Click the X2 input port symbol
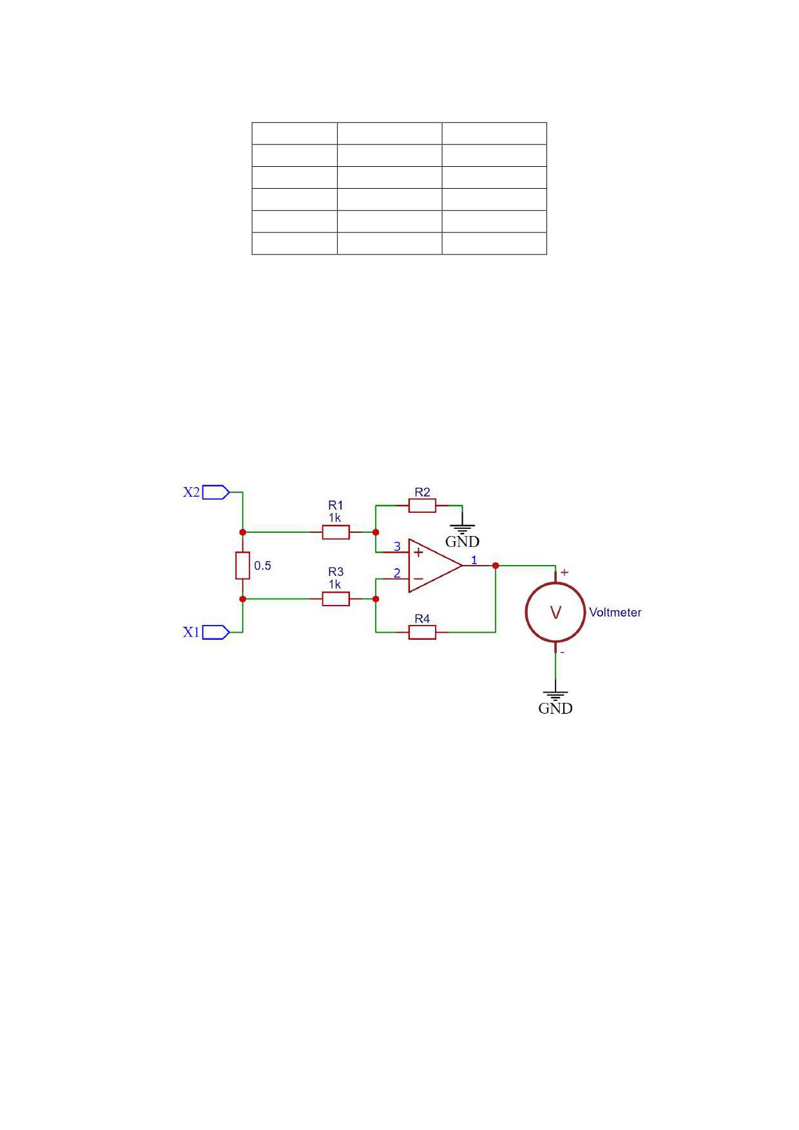[x=216, y=492]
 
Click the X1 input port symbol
[x=216, y=633]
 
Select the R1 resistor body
[x=336, y=532]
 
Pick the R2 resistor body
[x=422, y=506]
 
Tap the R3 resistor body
[x=336, y=599]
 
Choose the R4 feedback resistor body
[x=422, y=633]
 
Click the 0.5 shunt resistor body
[x=242, y=566]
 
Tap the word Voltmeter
[x=615, y=613]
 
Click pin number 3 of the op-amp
[x=397, y=546]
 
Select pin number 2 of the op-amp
[x=397, y=573]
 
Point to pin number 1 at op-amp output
[x=474, y=560]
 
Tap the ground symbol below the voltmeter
[x=555, y=695]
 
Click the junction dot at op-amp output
[x=496, y=566]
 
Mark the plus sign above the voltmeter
[x=565, y=572]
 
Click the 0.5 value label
[x=263, y=566]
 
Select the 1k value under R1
[x=335, y=517]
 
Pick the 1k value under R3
[x=335, y=584]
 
